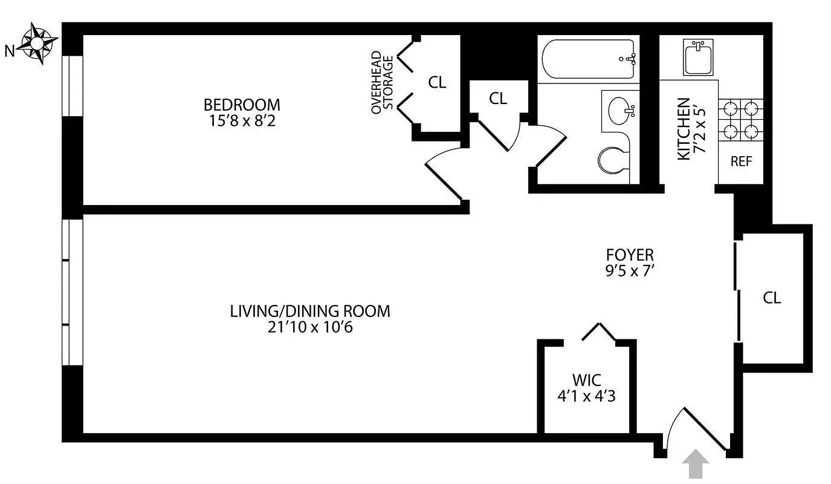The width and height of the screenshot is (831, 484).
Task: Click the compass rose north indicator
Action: (x=37, y=44)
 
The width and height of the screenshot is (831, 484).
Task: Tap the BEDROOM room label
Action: (x=242, y=105)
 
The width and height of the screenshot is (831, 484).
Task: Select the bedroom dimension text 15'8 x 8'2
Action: (x=242, y=120)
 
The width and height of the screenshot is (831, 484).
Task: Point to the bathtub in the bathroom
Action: (x=588, y=59)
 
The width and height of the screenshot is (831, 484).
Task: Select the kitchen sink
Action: (x=699, y=56)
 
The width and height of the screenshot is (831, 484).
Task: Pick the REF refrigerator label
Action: (x=741, y=162)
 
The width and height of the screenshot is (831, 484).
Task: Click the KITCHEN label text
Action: (x=684, y=129)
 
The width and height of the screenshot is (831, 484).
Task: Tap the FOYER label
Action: (x=630, y=255)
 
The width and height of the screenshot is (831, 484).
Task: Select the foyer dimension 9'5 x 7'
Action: (x=630, y=271)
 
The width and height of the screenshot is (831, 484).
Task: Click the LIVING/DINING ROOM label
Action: (x=310, y=311)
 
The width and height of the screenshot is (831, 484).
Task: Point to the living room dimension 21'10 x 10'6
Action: (x=310, y=327)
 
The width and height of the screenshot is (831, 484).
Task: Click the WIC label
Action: (x=587, y=381)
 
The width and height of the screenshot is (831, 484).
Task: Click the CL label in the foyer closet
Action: (x=772, y=298)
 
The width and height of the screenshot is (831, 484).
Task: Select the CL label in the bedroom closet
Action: (x=437, y=83)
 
